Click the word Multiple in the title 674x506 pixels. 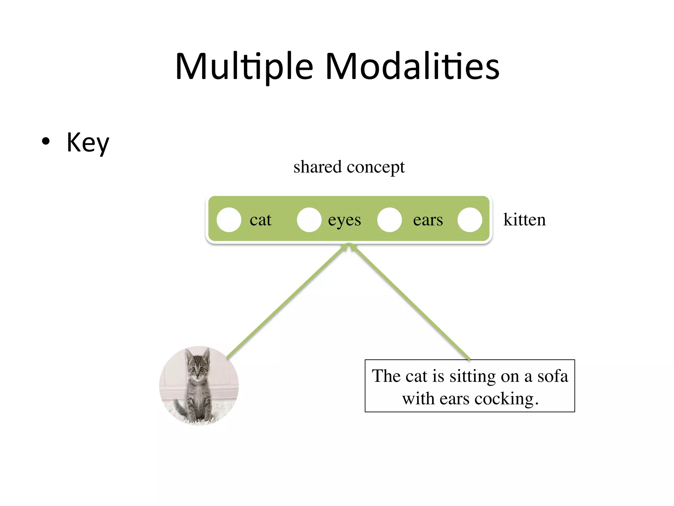click(x=244, y=67)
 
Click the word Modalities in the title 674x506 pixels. click(x=412, y=67)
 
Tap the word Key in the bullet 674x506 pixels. click(x=88, y=142)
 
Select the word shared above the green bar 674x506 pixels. click(x=317, y=167)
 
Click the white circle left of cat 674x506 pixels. click(x=229, y=220)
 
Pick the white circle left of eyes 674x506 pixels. click(x=309, y=220)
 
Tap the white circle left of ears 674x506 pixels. click(x=389, y=220)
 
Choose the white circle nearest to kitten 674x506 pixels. click(x=470, y=220)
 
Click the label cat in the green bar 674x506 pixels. click(x=260, y=220)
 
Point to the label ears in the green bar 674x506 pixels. click(x=428, y=220)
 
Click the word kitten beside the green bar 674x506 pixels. click(x=524, y=220)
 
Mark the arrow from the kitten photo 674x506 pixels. click(x=286, y=301)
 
